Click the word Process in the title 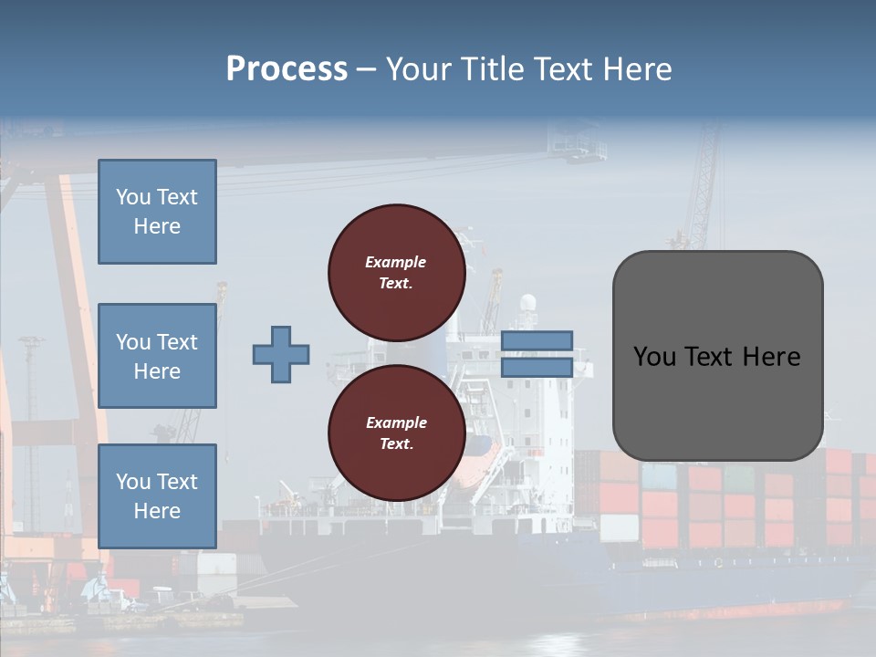(x=287, y=69)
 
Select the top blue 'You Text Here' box (x=157, y=212)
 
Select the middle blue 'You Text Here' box (x=157, y=356)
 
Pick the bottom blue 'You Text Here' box (x=157, y=495)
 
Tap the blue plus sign (x=281, y=354)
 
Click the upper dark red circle (x=396, y=272)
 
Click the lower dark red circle (x=396, y=433)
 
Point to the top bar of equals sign (x=537, y=341)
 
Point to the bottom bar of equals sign (x=537, y=367)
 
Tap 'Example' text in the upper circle (x=396, y=262)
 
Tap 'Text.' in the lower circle (x=396, y=444)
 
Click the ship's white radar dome (x=527, y=304)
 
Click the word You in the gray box (x=654, y=357)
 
